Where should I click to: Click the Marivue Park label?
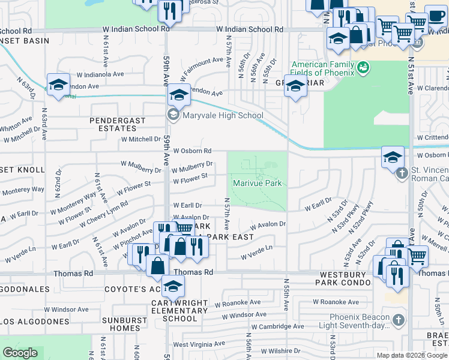pyautogui.click(x=258, y=182)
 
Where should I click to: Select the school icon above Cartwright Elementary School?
pyautogui.click(x=173, y=287)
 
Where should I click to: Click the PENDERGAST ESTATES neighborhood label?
pyautogui.click(x=118, y=124)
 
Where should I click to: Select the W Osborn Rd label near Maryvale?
pyautogui.click(x=192, y=151)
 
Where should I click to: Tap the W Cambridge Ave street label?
pyautogui.click(x=277, y=326)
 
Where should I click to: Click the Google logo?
pyautogui.click(x=20, y=353)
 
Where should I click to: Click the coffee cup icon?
pyautogui.click(x=435, y=16)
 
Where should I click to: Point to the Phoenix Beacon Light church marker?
pyautogui.click(x=397, y=320)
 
